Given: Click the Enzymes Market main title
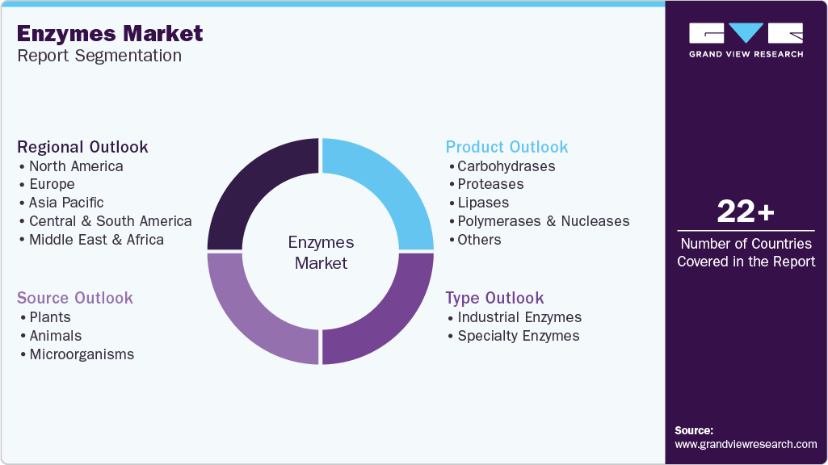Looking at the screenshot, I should tap(109, 34).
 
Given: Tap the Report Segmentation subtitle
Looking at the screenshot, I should tap(99, 56).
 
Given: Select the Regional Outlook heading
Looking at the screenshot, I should tap(82, 147).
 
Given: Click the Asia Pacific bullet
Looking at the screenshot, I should tap(66, 203).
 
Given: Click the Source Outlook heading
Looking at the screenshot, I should tap(75, 298).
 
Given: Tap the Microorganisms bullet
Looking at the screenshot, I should tap(82, 354).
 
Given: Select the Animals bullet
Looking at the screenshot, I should tap(56, 336).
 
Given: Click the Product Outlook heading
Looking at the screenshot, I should tap(506, 147).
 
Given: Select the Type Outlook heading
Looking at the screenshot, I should tap(494, 298).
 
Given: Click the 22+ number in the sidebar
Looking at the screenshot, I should tap(746, 212).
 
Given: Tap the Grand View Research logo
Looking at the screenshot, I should tap(746, 40).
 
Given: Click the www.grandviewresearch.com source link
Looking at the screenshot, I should tap(746, 444).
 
